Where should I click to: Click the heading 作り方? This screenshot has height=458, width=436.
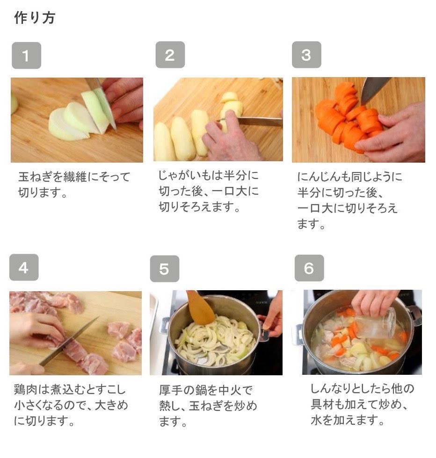(x=35, y=18)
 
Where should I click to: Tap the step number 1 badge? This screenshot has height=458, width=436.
(x=26, y=56)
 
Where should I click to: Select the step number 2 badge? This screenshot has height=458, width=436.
(x=170, y=55)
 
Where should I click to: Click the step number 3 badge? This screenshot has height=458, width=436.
(x=306, y=55)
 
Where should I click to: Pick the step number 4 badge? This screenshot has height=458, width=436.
(x=24, y=268)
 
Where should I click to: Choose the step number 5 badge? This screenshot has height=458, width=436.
(x=164, y=269)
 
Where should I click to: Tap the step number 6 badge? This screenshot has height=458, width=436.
(x=309, y=268)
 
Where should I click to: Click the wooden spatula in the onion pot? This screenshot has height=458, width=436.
(x=200, y=308)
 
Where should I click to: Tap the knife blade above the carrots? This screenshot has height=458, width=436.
(x=374, y=89)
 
